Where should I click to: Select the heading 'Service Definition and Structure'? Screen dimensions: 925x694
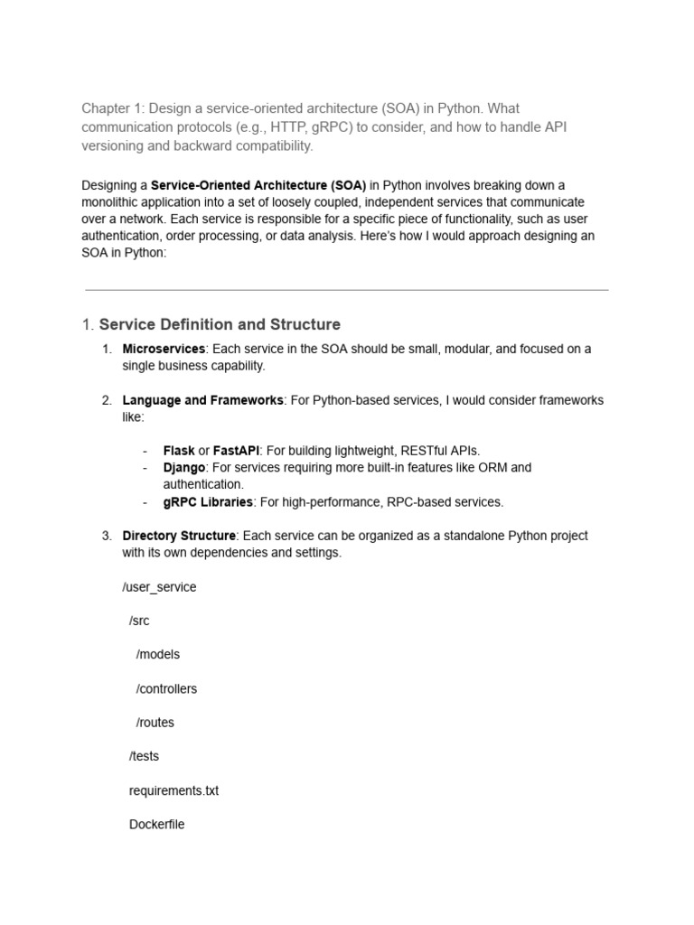(220, 324)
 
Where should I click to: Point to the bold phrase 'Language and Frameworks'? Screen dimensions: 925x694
(202, 400)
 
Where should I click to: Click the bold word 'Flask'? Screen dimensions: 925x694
(179, 451)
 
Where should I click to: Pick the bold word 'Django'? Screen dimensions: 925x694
(184, 468)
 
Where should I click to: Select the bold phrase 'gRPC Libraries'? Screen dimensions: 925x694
(208, 502)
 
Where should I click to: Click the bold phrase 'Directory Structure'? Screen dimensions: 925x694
(179, 536)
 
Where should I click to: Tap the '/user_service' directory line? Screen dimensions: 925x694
(159, 587)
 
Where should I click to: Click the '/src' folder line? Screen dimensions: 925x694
(139, 621)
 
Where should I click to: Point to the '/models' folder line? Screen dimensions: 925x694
(158, 655)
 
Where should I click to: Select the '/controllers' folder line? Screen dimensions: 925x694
(166, 689)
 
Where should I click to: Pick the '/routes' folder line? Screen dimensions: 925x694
(155, 723)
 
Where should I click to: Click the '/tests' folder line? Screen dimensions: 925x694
(145, 756)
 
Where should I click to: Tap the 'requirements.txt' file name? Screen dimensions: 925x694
(174, 791)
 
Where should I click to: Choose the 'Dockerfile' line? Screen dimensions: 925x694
(157, 825)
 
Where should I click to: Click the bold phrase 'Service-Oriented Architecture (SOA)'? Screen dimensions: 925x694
(258, 185)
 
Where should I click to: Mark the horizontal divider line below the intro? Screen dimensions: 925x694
(347, 290)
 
